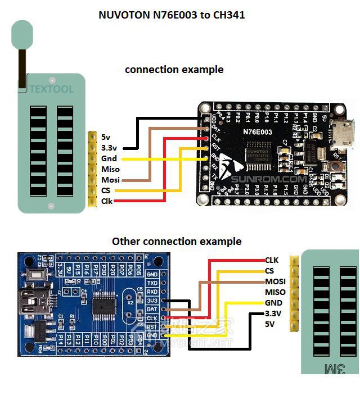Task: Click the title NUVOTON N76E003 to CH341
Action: [x=171, y=15]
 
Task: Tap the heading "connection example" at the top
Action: [x=174, y=70]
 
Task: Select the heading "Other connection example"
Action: [x=177, y=242]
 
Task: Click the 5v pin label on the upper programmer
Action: [x=106, y=137]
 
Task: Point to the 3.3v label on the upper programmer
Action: [x=110, y=147]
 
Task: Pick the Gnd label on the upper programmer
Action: [x=109, y=158]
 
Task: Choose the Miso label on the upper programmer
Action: [x=110, y=169]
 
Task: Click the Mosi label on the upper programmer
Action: [x=110, y=180]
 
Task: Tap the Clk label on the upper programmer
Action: [x=106, y=201]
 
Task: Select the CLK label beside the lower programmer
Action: [x=272, y=260]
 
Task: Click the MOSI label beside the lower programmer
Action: [x=275, y=281]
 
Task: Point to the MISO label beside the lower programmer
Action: [x=275, y=292]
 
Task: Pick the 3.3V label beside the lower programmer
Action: [x=273, y=313]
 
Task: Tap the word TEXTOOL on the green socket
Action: [x=51, y=89]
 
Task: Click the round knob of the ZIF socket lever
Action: [x=22, y=35]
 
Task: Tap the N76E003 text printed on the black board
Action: [x=258, y=132]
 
